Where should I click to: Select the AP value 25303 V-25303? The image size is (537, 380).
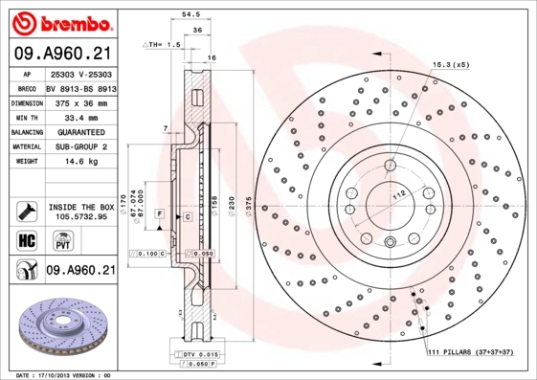[80, 74]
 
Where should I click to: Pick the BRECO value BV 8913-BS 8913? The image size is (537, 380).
[80, 87]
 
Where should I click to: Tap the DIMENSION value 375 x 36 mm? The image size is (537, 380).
[80, 101]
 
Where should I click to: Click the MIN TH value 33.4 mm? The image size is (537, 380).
[80, 116]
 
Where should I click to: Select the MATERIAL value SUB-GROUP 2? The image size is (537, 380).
[80, 145]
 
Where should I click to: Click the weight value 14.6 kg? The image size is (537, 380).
[80, 161]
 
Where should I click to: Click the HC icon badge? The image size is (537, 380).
[26, 239]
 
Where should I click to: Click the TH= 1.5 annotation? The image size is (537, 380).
[162, 45]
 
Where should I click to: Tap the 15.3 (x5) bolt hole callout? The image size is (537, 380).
[450, 64]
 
